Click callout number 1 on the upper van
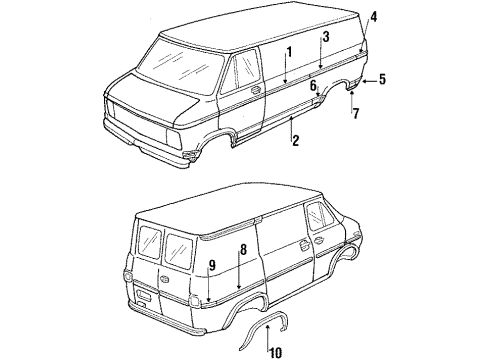coord(288,52)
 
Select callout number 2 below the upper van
coord(295,141)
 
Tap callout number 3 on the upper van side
coord(325,37)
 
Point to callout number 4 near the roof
coord(373,16)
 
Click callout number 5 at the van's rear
coord(381,78)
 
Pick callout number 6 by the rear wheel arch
coord(313,86)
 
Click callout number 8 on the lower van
coord(242,250)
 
